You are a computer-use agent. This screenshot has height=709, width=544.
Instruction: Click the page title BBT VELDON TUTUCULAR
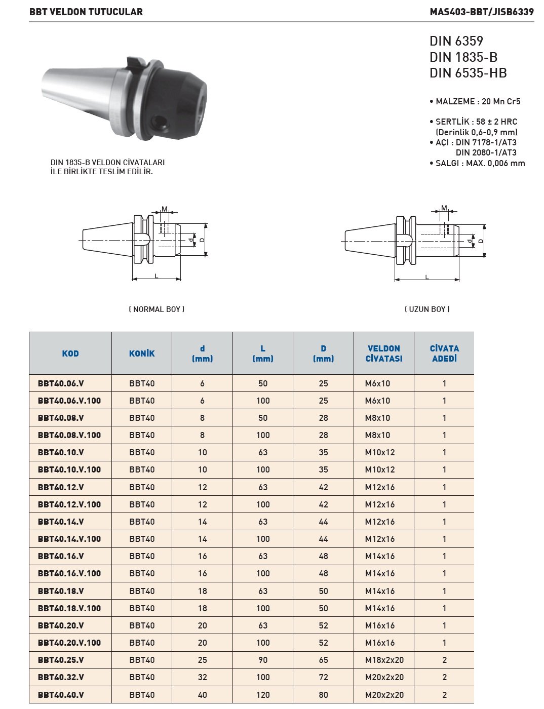(x=86, y=12)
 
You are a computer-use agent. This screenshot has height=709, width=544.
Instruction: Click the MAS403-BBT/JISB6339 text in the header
(x=481, y=12)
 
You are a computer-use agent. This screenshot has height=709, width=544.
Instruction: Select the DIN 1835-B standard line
(x=463, y=57)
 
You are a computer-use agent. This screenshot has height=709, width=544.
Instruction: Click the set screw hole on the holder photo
(x=161, y=122)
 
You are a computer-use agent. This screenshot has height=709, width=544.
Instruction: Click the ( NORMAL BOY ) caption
(x=157, y=309)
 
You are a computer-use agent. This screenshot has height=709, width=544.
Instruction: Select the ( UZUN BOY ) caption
(x=427, y=309)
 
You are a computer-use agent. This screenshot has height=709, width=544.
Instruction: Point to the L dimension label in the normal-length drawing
(x=157, y=275)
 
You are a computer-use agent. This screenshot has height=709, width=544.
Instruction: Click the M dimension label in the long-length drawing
(x=444, y=208)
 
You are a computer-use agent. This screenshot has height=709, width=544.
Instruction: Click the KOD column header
(x=70, y=353)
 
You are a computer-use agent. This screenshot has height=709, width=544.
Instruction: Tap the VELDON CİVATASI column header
(x=384, y=353)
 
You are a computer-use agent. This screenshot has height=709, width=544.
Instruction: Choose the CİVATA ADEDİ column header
(x=444, y=353)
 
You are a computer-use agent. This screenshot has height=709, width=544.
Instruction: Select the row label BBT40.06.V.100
(x=69, y=401)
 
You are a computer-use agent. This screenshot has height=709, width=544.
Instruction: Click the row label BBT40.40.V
(x=61, y=695)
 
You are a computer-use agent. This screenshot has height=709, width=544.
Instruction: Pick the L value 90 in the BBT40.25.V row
(x=263, y=660)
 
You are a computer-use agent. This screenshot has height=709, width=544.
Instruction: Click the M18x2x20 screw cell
(x=384, y=660)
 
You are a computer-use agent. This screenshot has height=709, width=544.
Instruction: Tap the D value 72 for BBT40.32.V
(x=324, y=677)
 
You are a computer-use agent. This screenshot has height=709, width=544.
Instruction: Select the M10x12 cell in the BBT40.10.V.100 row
(x=380, y=469)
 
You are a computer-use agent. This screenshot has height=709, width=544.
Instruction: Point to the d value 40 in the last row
(x=203, y=695)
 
